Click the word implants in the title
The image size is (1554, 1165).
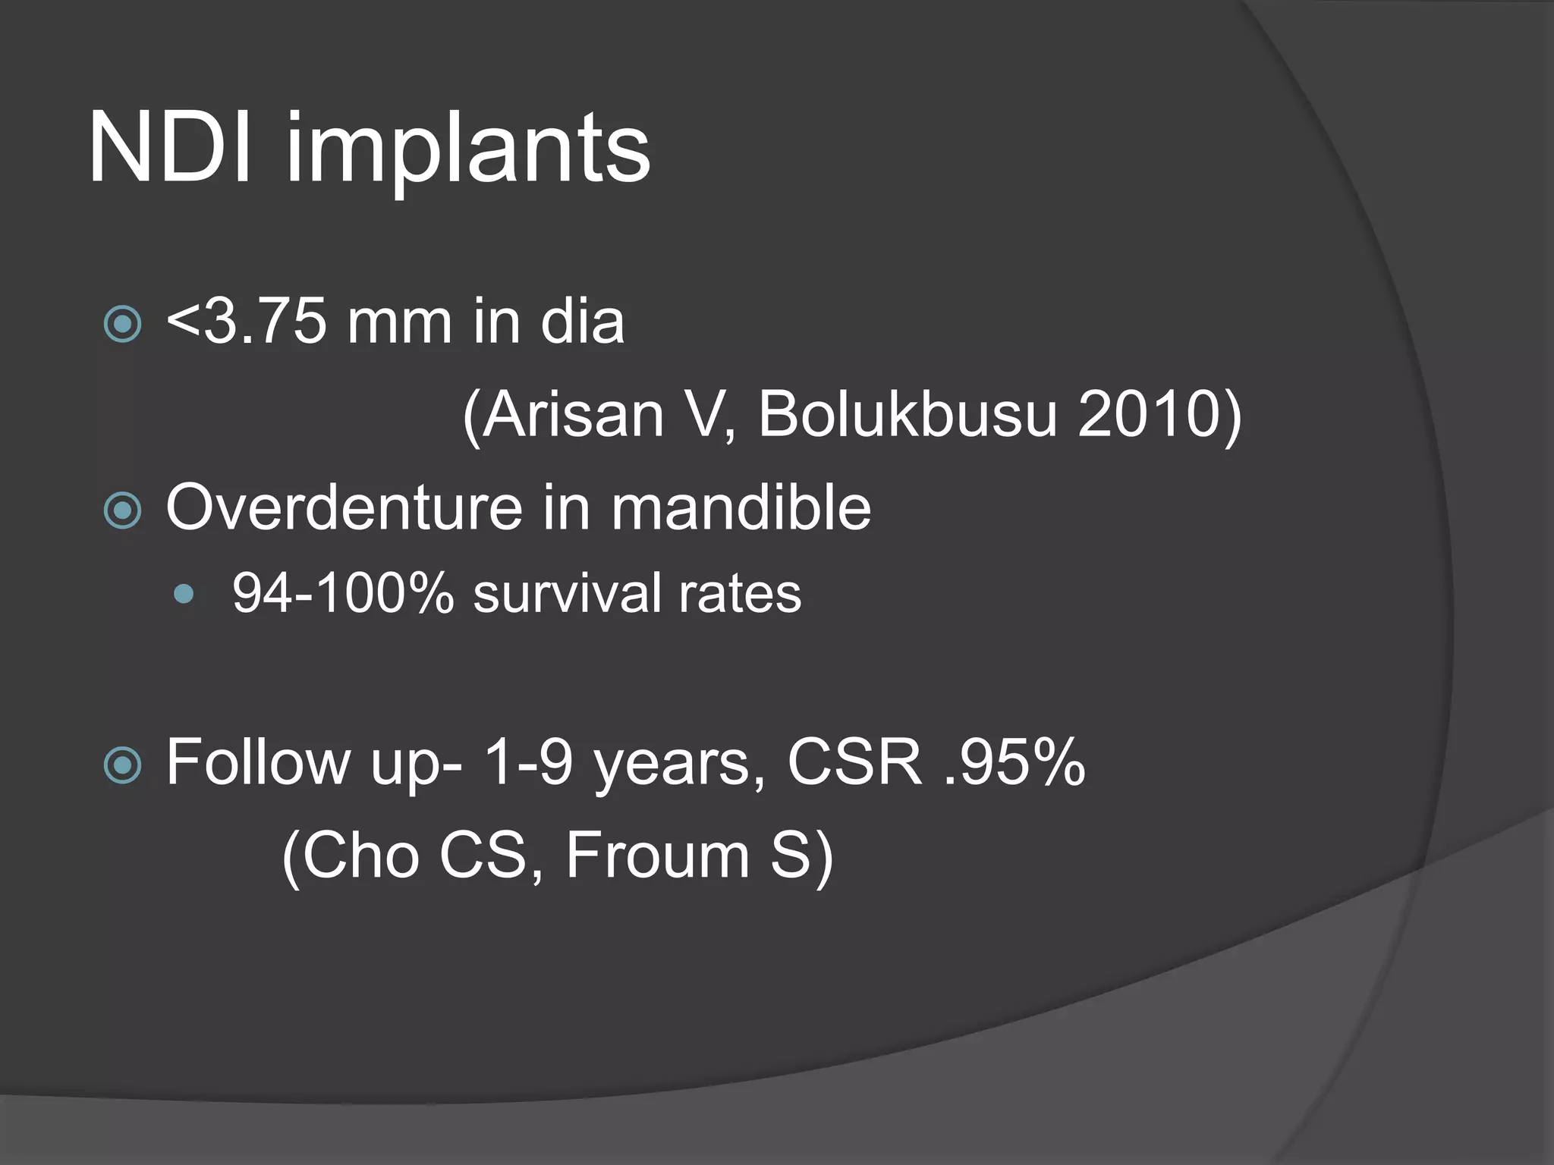[467, 152]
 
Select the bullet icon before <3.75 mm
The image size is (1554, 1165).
[122, 325]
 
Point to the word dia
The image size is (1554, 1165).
[582, 322]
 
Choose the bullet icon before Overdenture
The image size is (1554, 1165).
[122, 510]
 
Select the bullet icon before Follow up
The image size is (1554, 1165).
[122, 765]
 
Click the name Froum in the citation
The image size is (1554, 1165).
[657, 855]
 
